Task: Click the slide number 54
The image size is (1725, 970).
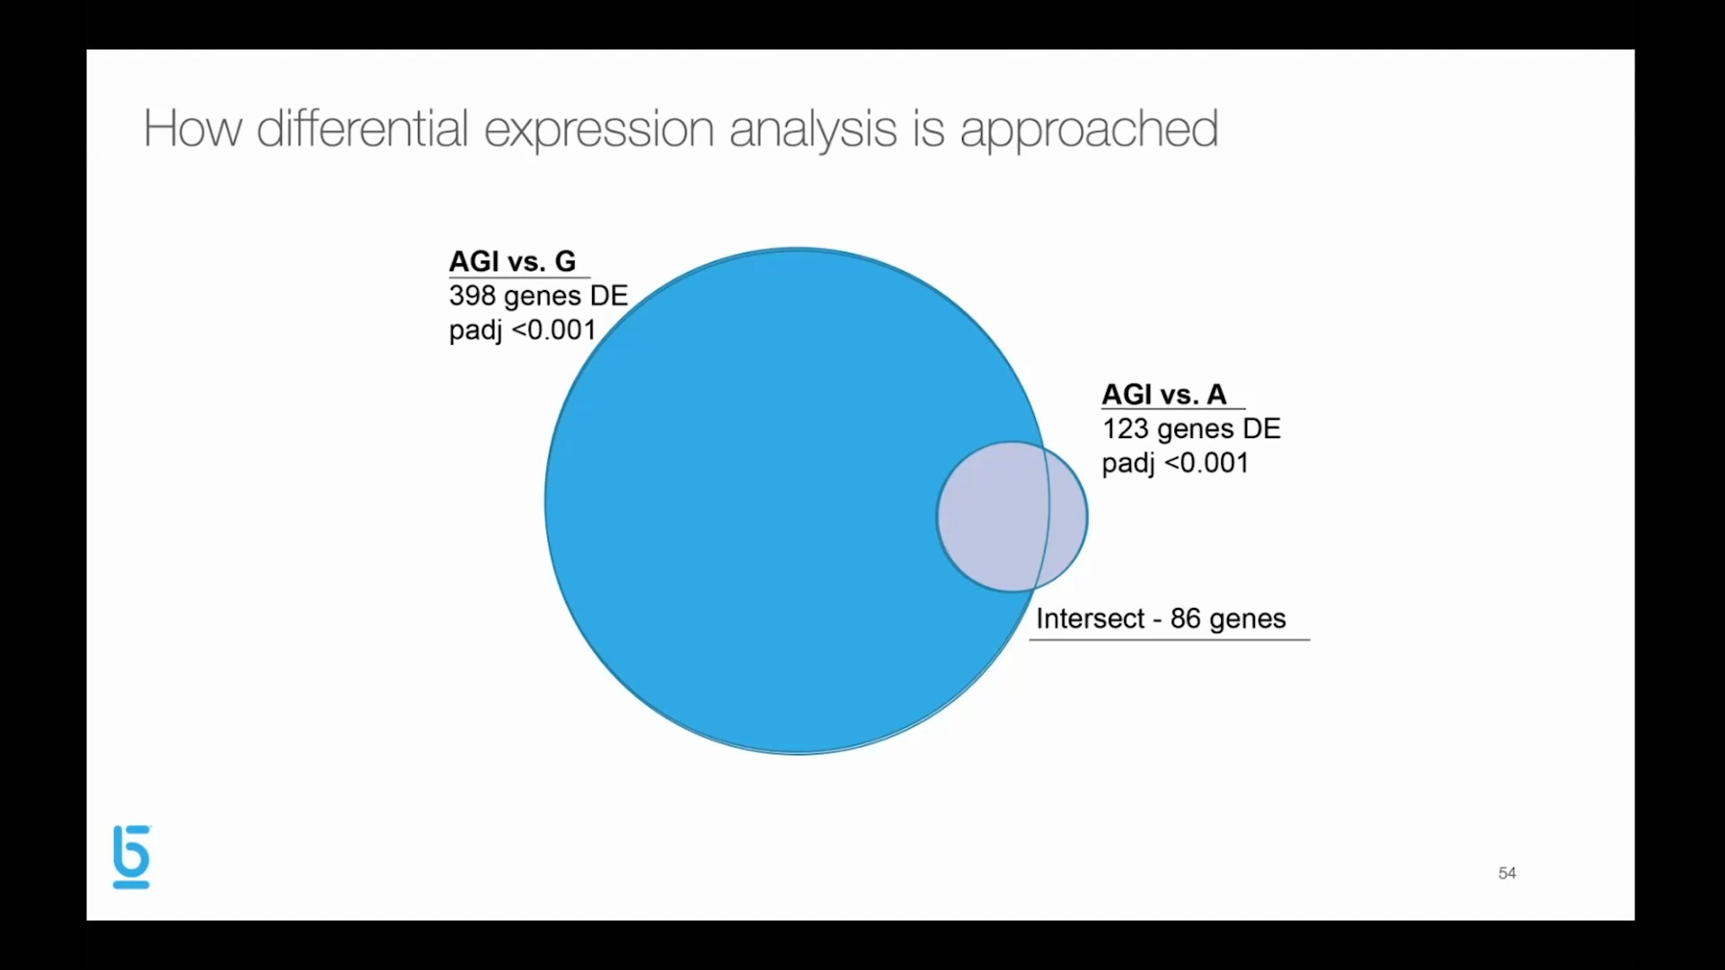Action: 1507,873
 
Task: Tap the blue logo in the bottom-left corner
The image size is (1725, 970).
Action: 131,857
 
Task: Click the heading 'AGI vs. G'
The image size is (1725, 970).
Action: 512,261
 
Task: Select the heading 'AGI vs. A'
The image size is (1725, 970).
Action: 1163,394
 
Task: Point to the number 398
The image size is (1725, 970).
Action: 472,295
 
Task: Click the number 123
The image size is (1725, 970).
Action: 1125,428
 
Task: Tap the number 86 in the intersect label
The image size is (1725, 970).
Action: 1185,618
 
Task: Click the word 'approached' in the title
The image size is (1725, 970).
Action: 1089,130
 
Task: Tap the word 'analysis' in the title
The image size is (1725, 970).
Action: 813,130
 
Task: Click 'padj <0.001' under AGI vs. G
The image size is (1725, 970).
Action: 522,331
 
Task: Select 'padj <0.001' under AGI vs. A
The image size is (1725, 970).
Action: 1175,463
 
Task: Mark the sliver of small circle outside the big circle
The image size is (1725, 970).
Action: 1067,516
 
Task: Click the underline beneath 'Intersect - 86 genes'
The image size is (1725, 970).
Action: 1170,639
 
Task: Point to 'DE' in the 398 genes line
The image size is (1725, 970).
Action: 608,295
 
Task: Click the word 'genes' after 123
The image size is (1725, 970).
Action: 1195,430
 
